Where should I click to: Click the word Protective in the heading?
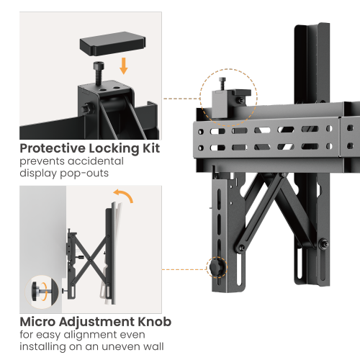pyautogui.click(x=53, y=149)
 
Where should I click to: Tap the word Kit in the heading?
pyautogui.click(x=151, y=148)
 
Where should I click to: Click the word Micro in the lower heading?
pyautogui.click(x=37, y=322)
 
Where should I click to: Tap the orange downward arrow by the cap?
pyautogui.click(x=124, y=66)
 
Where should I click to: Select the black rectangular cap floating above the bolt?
pyautogui.click(x=112, y=43)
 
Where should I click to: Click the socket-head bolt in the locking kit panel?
pyautogui.click(x=99, y=73)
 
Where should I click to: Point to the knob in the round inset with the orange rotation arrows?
pyautogui.click(x=39, y=291)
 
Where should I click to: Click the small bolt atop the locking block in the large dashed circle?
pyautogui.click(x=222, y=83)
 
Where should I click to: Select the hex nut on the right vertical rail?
pyautogui.click(x=324, y=244)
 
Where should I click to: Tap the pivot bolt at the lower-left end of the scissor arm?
pyautogui.click(x=241, y=248)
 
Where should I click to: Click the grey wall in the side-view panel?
pyautogui.click(x=42, y=240)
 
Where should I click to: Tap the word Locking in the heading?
pyautogui.click(x=114, y=149)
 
